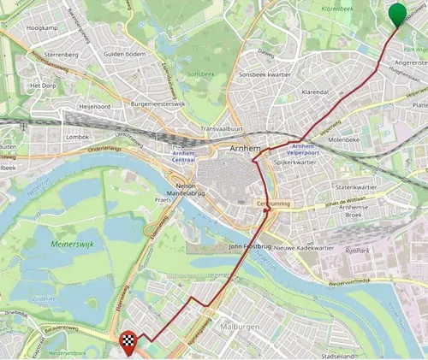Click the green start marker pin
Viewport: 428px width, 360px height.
tap(397, 14)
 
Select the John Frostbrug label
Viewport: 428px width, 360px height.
tap(249, 246)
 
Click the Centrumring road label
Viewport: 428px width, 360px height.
tap(274, 204)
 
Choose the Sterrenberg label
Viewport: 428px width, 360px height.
tap(61, 54)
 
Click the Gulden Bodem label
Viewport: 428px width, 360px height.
tap(124, 54)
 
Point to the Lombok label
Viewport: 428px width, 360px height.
tap(77, 137)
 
